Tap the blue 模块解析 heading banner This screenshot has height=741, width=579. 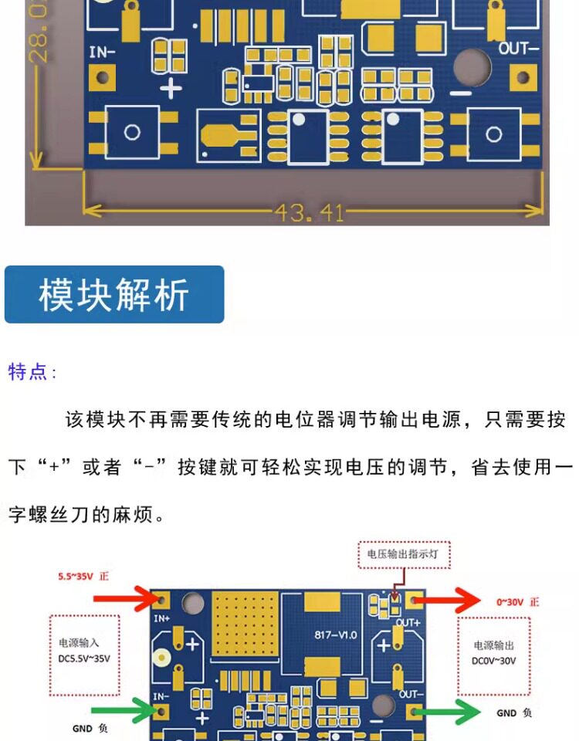click(x=114, y=295)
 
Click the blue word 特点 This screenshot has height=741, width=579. click(x=28, y=372)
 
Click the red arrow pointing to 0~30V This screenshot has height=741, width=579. click(x=455, y=600)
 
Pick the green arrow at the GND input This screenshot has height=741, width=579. click(x=124, y=712)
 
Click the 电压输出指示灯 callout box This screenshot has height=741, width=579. click(x=403, y=553)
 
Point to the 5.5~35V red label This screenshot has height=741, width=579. click(x=83, y=576)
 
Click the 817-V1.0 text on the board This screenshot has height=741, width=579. click(x=335, y=634)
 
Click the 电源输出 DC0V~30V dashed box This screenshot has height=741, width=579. click(x=494, y=654)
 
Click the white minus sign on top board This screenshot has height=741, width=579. click(x=461, y=93)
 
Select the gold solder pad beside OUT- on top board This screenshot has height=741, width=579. click(x=523, y=77)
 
